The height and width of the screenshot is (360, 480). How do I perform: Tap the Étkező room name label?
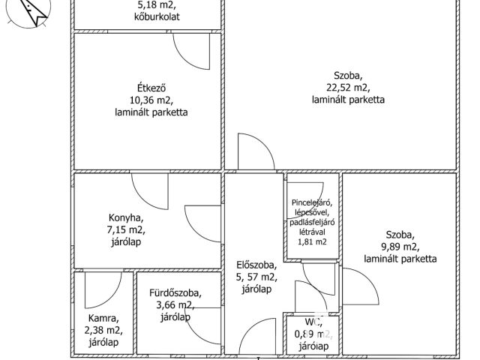click(x=146, y=85)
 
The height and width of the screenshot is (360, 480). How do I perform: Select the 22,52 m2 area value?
click(x=349, y=87)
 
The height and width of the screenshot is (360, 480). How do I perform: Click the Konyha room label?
click(x=126, y=218)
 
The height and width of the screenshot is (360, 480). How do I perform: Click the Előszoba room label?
click(x=250, y=265)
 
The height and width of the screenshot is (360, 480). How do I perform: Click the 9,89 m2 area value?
click(x=400, y=247)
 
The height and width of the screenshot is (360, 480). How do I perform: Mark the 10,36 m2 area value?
click(x=146, y=98)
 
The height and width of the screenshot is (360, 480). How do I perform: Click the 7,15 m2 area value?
click(x=126, y=230)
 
